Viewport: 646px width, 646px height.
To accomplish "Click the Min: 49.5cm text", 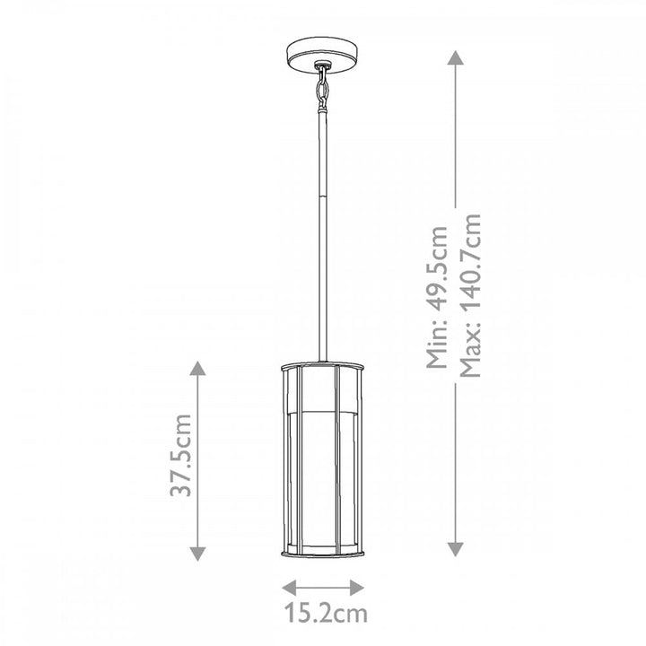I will tap(436, 296).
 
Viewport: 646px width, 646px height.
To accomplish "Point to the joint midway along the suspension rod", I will tap(323, 199).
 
